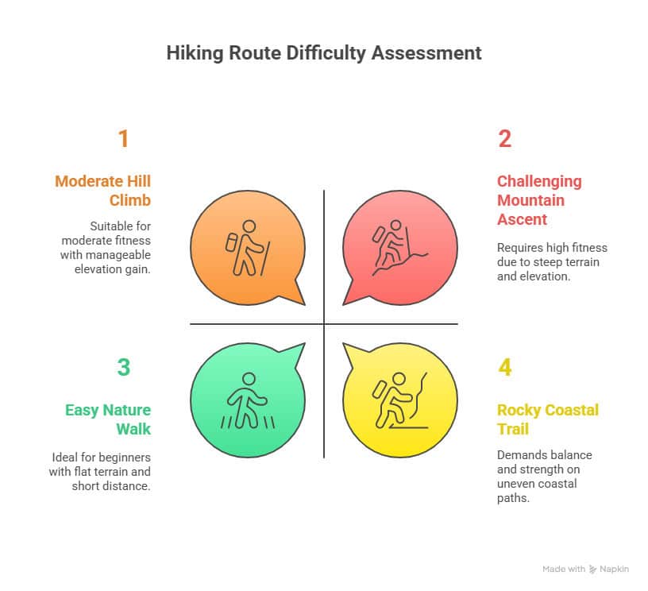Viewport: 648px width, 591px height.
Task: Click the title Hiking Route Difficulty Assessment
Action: (x=324, y=53)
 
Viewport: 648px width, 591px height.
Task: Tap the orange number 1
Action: (x=123, y=138)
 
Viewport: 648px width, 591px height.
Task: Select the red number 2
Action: (x=504, y=138)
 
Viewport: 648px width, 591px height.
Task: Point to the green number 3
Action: (x=124, y=367)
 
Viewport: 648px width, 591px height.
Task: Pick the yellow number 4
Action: (x=504, y=367)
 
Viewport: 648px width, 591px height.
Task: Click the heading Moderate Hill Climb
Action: (x=103, y=191)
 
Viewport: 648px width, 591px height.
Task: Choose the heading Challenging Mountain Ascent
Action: (x=539, y=200)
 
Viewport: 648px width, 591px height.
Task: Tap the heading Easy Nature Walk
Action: (x=108, y=419)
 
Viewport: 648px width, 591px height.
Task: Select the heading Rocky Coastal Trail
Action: (x=548, y=419)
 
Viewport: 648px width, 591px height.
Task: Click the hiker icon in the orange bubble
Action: (x=248, y=248)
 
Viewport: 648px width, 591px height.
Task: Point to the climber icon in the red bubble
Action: (x=399, y=248)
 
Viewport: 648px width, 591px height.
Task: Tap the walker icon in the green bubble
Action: (x=248, y=400)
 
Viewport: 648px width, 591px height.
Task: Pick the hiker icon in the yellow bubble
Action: (x=399, y=400)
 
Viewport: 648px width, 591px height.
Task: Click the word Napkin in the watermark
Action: (x=614, y=569)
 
